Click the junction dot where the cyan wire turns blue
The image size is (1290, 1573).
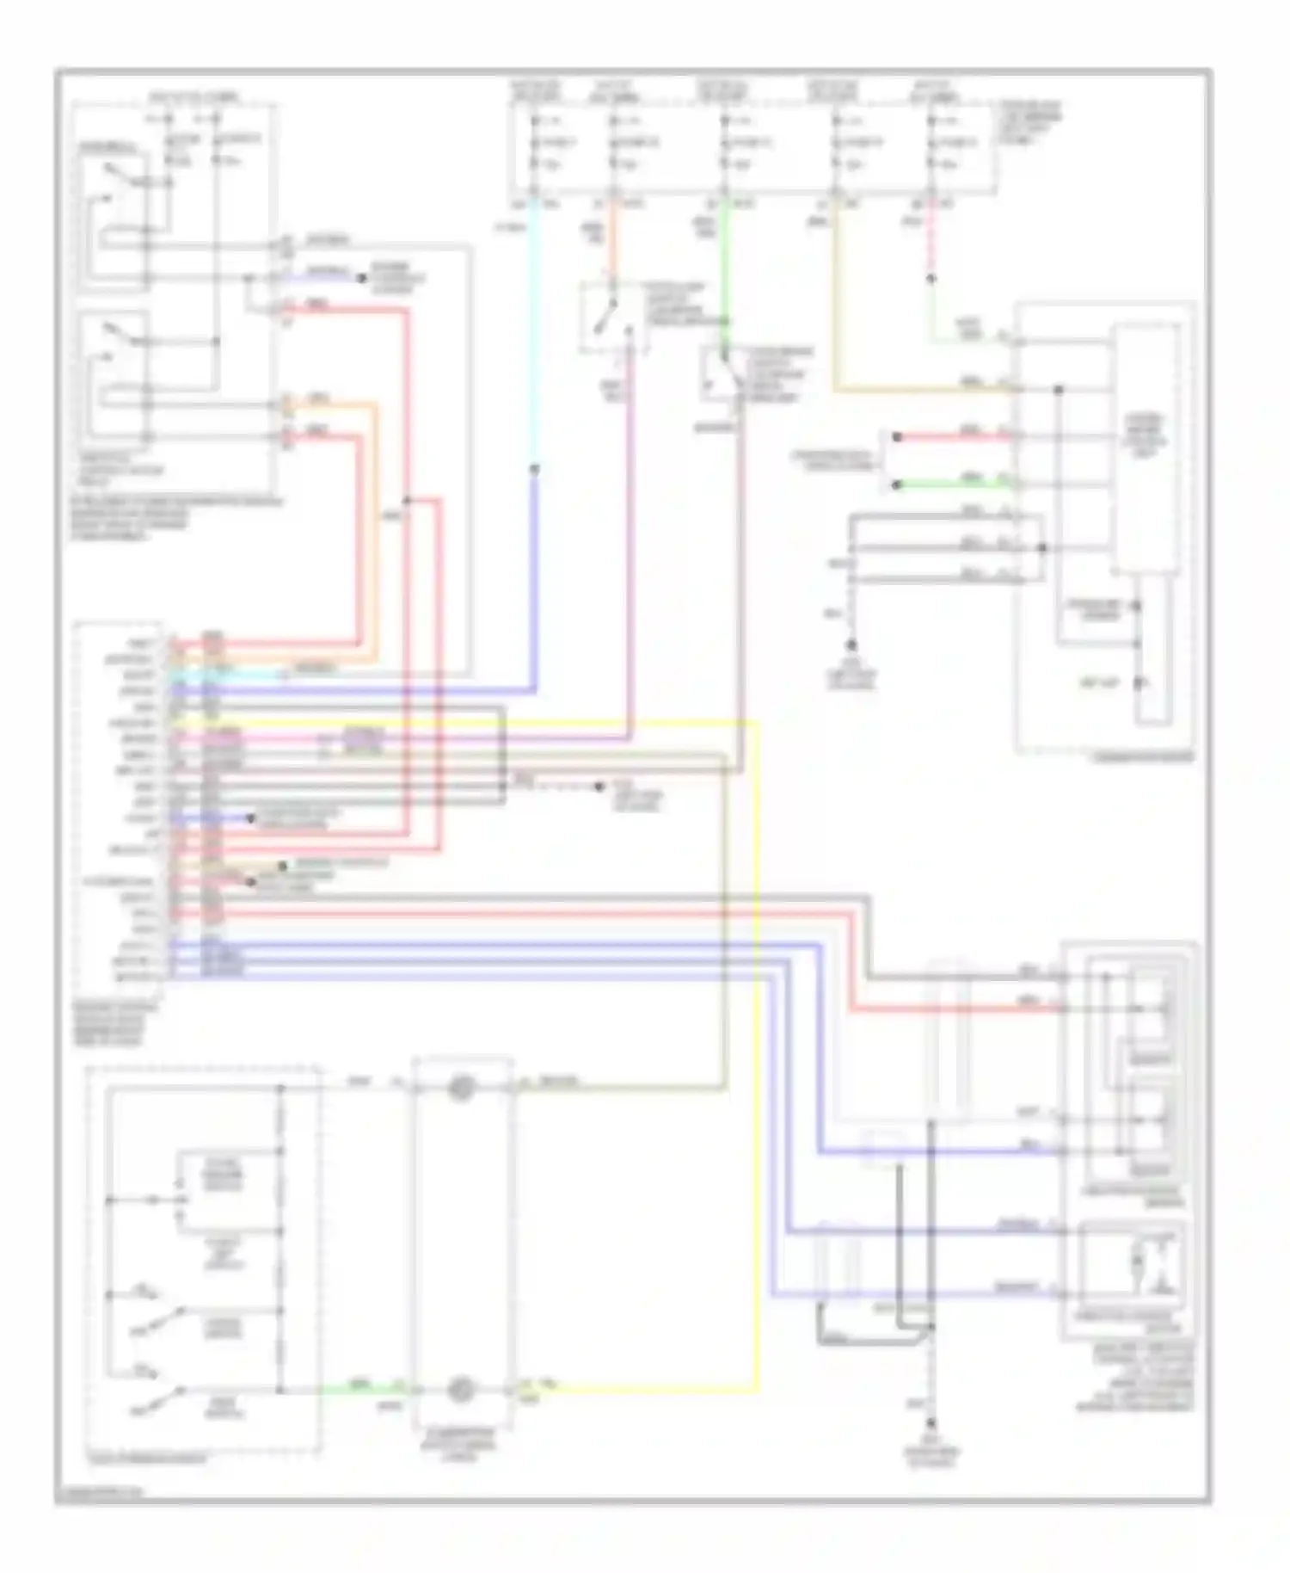(x=534, y=470)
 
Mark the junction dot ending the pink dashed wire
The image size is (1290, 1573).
(x=931, y=279)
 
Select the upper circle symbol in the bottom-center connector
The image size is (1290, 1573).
(x=462, y=1089)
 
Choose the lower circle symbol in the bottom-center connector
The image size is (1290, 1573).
(x=462, y=1388)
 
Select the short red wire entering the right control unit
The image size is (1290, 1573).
(x=955, y=437)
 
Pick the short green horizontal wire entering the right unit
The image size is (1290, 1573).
(x=955, y=484)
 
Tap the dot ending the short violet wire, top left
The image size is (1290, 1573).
(x=361, y=278)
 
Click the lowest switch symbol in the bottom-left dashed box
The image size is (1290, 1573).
(x=159, y=1396)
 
